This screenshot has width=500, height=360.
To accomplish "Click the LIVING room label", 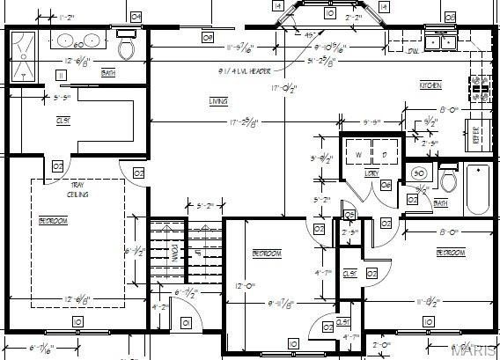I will (x=218, y=101).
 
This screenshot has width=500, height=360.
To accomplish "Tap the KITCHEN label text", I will (x=430, y=84).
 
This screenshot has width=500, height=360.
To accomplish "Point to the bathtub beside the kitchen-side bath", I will (x=478, y=189).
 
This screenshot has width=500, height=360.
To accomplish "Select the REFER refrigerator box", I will (x=477, y=136).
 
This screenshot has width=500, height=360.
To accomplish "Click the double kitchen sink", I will (x=439, y=40).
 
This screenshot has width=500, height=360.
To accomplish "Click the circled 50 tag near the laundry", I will (x=419, y=173).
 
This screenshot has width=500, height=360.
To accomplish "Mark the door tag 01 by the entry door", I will (x=186, y=323).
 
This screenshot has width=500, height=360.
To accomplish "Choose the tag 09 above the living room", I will (x=208, y=37).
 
